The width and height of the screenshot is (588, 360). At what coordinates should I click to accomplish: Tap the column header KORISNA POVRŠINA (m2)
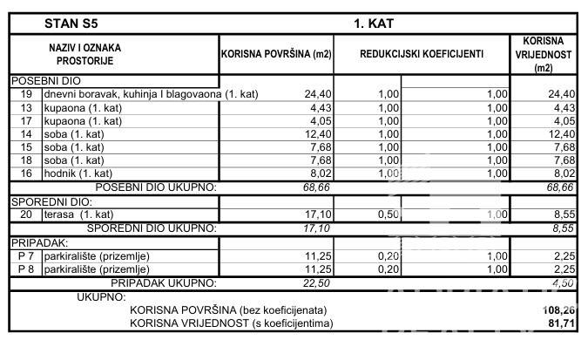(276, 54)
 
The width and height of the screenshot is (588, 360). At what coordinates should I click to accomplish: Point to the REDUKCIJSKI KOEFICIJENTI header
(421, 54)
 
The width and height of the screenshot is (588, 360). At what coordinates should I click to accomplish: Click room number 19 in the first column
(26, 94)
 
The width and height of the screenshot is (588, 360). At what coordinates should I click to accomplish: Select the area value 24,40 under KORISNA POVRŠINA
(318, 94)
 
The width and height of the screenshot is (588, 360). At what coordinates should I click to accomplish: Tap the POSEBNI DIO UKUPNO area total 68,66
(317, 187)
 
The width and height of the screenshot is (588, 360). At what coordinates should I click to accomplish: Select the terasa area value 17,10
(318, 214)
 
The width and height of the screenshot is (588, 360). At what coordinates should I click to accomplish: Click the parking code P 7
(26, 255)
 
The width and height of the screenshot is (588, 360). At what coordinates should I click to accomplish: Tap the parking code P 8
(26, 269)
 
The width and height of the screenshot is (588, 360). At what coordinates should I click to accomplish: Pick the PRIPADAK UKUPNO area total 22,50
(317, 282)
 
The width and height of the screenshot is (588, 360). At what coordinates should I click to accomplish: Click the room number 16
(26, 173)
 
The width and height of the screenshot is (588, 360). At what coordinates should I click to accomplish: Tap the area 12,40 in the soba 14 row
(318, 133)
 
